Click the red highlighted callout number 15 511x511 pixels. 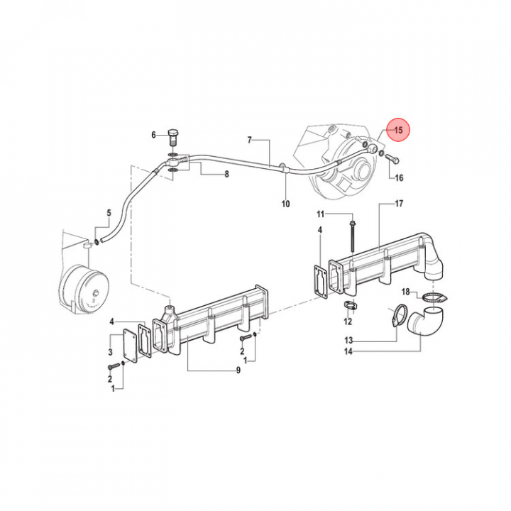pos(398,131)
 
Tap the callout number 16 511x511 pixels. pos(399,177)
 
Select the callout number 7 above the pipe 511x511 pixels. pos(250,140)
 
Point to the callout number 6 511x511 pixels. pos(153,135)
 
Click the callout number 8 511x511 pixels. pos(226,174)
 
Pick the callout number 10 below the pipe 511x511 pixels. pos(285,204)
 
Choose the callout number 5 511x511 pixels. pos(109,213)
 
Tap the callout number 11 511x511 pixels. pos(320,214)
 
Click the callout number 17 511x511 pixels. pos(399,204)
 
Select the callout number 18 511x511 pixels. pos(406,291)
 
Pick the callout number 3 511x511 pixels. pos(110,351)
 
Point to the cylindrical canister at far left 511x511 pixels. pos(83,289)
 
